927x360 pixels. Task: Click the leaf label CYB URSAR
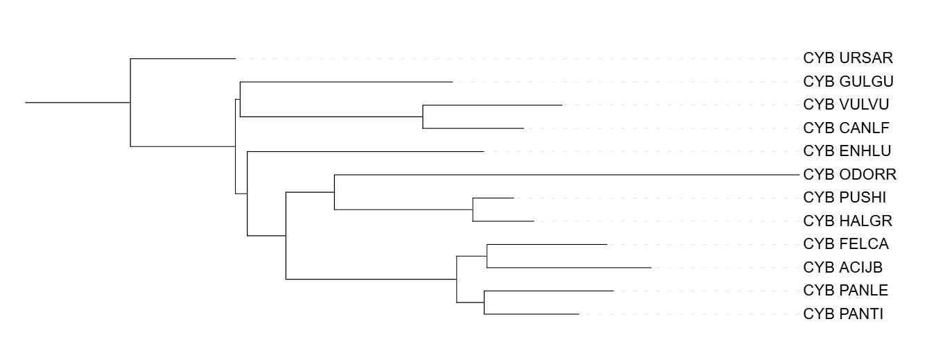tap(848, 58)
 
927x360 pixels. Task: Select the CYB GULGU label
tap(848, 82)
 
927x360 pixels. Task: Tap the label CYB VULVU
tap(846, 105)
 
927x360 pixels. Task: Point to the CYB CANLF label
tap(846, 128)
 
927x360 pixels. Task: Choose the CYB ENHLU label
tap(847, 151)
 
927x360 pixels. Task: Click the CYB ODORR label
tap(850, 174)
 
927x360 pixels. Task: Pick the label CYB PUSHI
tap(844, 198)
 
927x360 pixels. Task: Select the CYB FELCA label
tap(846, 244)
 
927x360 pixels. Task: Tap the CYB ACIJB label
tap(843, 267)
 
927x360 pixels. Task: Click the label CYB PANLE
tap(845, 291)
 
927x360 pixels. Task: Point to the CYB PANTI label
tap(843, 314)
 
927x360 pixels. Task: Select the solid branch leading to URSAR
tap(183, 59)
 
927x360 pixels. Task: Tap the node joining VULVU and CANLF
tap(423, 117)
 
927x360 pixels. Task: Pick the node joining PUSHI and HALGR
tap(473, 209)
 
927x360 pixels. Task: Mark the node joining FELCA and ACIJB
tap(487, 256)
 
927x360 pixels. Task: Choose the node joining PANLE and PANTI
tap(484, 302)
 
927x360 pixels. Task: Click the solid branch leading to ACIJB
tap(569, 267)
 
